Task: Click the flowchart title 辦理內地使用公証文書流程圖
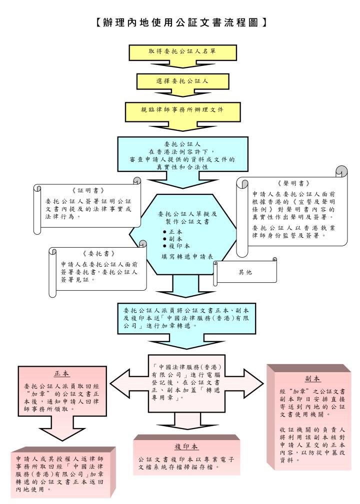coord(180,22)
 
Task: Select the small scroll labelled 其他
coord(245,272)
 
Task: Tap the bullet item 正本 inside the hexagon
coord(175,232)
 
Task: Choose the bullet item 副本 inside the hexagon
coord(175,239)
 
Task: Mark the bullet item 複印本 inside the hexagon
coord(178,247)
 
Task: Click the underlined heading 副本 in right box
coord(312,378)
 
